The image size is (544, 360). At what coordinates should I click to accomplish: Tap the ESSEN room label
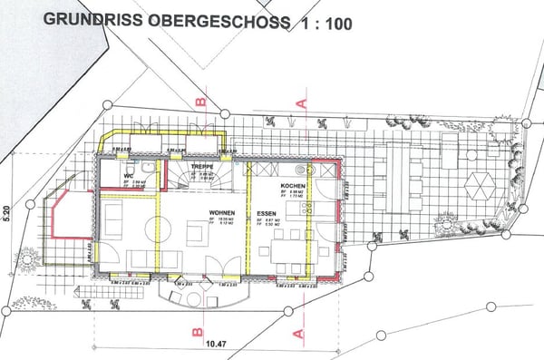pos(266,213)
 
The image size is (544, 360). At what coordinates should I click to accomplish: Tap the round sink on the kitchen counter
pos(301,170)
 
